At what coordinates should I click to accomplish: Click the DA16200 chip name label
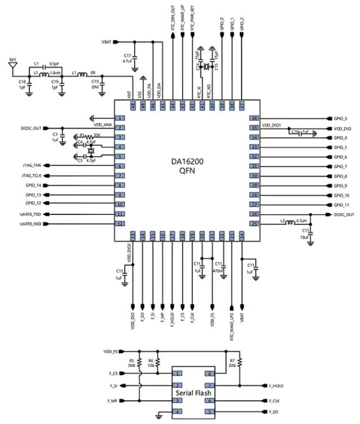[x=188, y=161]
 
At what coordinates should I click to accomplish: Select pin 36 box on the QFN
[x=255, y=118]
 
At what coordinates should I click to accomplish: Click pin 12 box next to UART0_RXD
[x=119, y=224]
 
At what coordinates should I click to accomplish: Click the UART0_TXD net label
[x=29, y=214]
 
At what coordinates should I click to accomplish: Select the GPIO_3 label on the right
[x=341, y=119]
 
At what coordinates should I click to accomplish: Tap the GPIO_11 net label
[x=341, y=205]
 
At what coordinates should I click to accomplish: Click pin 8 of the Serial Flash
[x=211, y=373]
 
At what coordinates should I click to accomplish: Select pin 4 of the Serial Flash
[x=178, y=412]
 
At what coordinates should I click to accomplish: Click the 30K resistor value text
[x=97, y=135]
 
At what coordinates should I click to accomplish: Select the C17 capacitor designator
[x=127, y=55]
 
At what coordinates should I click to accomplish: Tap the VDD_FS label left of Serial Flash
[x=111, y=351]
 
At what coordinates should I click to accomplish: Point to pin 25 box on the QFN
[x=255, y=224]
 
